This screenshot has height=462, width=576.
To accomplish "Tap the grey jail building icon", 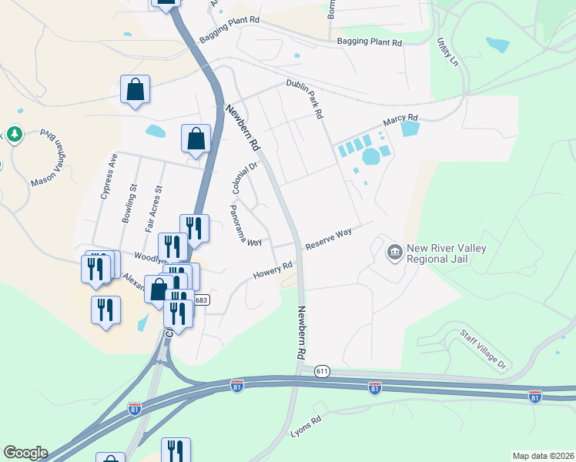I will [395, 252].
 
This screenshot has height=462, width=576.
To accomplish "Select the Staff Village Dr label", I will [484, 349].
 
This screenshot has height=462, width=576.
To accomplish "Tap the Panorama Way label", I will [246, 225].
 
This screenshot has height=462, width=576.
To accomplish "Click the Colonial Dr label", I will [243, 179].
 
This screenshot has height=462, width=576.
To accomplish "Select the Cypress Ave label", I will [108, 176].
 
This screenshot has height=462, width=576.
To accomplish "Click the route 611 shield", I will [322, 371].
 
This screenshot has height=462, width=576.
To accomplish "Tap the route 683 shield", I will [200, 300].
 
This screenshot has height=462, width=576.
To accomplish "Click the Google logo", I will [25, 453].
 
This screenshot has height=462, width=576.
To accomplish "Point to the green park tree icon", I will [12, 136].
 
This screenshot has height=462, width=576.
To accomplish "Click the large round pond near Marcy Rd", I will [371, 157].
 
